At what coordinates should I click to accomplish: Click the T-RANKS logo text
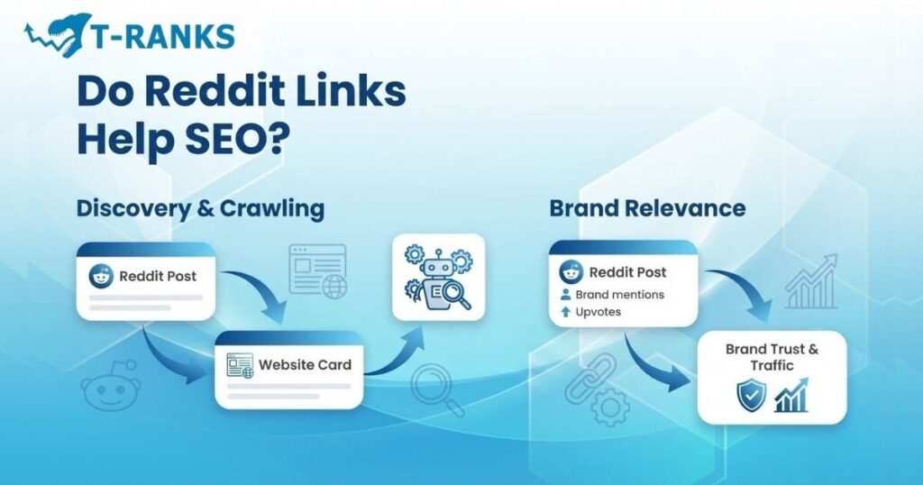pyautogui.click(x=162, y=36)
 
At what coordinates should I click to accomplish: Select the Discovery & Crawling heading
pyautogui.click(x=200, y=208)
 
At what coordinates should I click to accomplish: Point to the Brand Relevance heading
pyautogui.click(x=647, y=208)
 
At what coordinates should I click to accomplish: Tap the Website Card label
pyautogui.click(x=305, y=365)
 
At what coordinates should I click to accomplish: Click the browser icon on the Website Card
pyautogui.click(x=240, y=365)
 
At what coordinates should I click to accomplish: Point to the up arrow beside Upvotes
pyautogui.click(x=566, y=312)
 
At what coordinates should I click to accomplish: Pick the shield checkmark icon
pyautogui.click(x=751, y=396)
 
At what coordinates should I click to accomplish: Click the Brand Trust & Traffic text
pyautogui.click(x=772, y=357)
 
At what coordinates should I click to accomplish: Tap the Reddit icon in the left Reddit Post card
pyautogui.click(x=101, y=276)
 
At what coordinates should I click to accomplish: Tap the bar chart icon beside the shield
pyautogui.click(x=791, y=396)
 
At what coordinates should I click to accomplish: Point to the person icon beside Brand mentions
pyautogui.click(x=566, y=294)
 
